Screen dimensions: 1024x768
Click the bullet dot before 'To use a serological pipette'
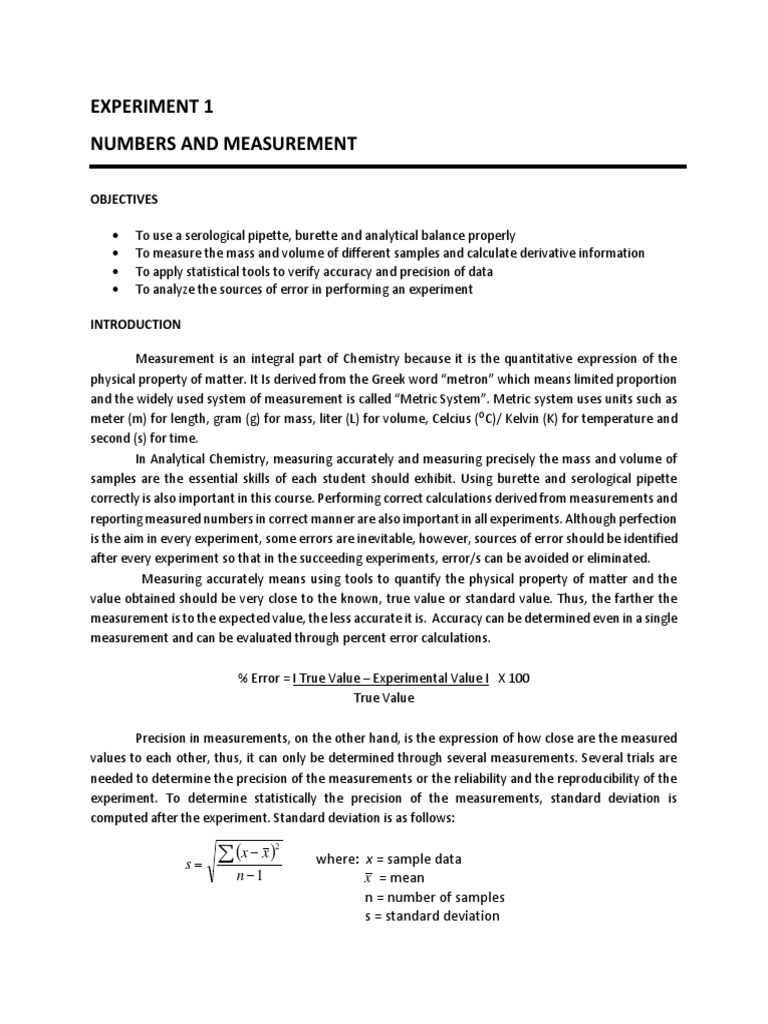tap(119, 236)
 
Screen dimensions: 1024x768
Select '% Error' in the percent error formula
tap(258, 678)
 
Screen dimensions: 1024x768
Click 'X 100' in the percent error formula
tap(513, 678)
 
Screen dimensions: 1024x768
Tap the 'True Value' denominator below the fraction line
tap(384, 697)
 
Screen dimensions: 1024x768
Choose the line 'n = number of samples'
tap(434, 897)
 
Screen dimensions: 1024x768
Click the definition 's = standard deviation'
tap(432, 916)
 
